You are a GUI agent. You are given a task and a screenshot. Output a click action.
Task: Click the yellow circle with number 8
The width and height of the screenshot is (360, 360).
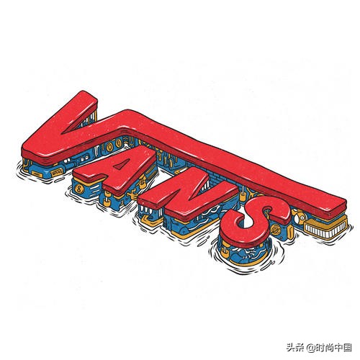click(78, 189)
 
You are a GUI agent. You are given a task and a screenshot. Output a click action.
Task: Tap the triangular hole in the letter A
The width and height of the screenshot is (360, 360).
click(120, 165)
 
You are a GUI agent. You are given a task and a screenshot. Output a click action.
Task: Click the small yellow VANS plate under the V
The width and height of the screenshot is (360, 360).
click(56, 172)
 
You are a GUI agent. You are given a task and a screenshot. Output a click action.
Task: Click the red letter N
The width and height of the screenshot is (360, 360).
click(189, 194)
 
